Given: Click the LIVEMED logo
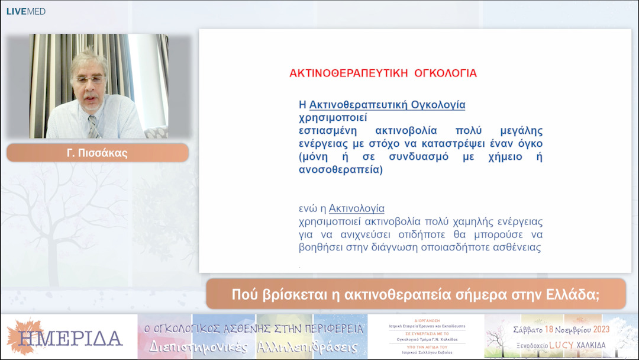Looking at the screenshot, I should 25,11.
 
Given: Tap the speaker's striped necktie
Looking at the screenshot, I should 93,126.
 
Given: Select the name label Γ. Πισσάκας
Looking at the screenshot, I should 98,153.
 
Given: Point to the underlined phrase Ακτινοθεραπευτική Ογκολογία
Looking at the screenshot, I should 388,105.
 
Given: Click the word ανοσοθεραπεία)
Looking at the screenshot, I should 341,170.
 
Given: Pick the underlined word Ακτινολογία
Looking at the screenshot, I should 357,208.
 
